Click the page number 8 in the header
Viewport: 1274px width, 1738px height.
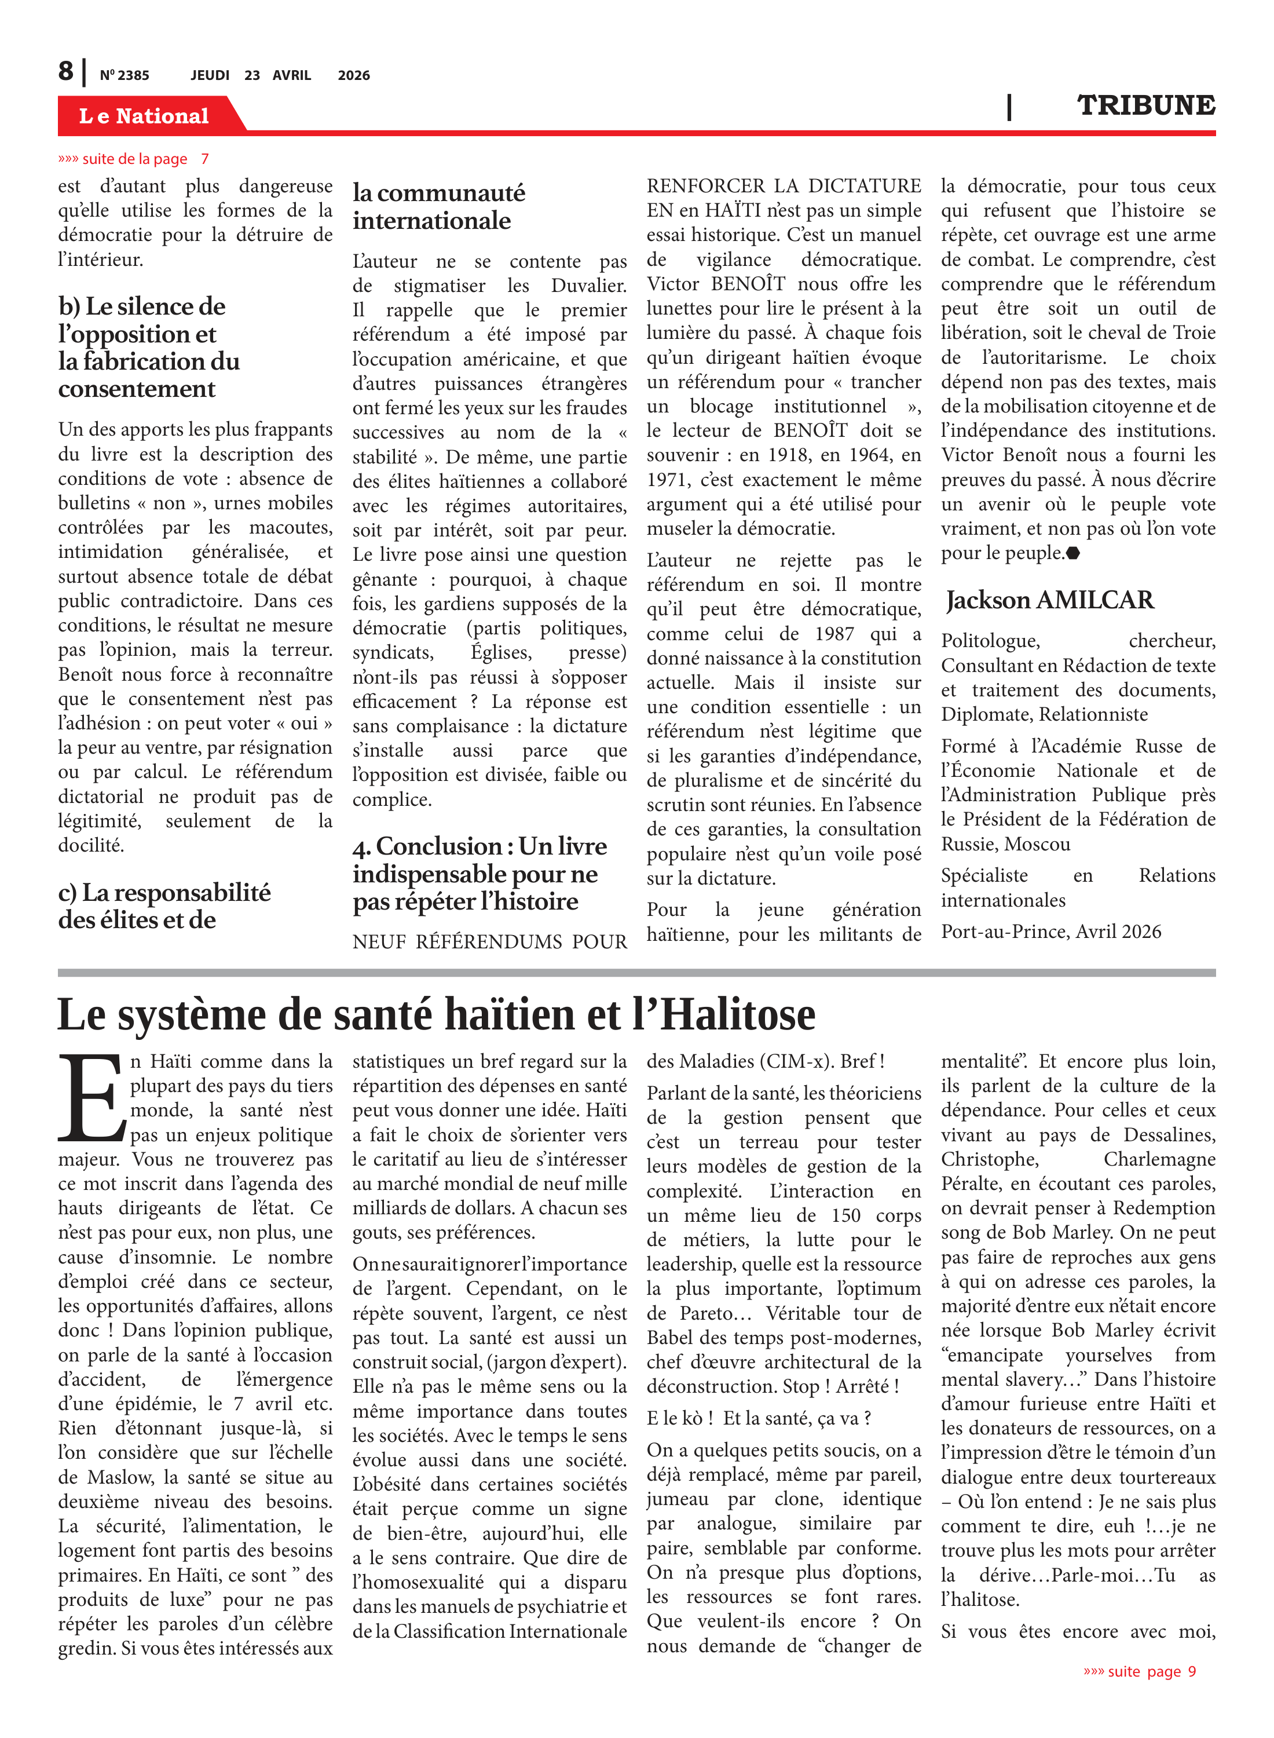point(67,71)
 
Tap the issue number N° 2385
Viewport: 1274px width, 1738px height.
point(124,75)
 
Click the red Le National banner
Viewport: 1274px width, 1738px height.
point(144,116)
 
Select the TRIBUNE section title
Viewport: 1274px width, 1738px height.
point(1145,105)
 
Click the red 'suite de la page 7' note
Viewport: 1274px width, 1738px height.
point(133,159)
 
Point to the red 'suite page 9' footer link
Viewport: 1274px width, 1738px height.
point(1139,1671)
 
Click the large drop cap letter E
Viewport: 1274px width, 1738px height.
point(91,1098)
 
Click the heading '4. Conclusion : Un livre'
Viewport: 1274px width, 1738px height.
point(479,846)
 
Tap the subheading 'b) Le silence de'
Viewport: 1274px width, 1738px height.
point(142,306)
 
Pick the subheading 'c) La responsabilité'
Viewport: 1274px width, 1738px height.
point(164,893)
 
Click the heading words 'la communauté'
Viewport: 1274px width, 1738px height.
point(439,193)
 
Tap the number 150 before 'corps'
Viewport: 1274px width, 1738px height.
point(845,1216)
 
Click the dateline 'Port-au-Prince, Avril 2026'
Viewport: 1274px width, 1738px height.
point(1050,932)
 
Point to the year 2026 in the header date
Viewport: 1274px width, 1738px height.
point(354,75)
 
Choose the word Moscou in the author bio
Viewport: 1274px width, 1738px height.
point(1035,845)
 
